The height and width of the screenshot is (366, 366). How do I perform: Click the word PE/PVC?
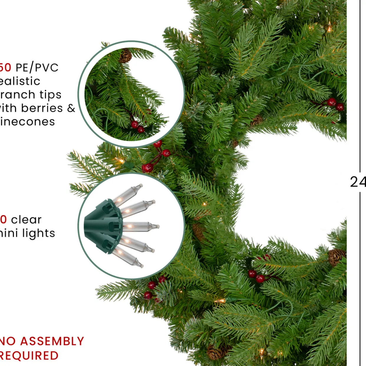[37, 68]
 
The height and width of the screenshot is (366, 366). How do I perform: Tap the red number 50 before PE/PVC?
[5, 68]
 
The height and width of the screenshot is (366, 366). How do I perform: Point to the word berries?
[42, 108]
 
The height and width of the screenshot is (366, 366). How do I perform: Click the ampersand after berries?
[71, 108]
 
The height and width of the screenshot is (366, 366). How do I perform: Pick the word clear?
[26, 220]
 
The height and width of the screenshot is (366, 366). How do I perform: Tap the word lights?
[39, 233]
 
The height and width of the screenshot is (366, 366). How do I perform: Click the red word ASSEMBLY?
[52, 342]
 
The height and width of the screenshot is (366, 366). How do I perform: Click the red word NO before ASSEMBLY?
[8, 342]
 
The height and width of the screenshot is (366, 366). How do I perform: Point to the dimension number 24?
[358, 182]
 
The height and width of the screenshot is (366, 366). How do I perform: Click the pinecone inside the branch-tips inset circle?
[125, 56]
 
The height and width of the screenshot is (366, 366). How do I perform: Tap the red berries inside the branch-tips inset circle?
[138, 127]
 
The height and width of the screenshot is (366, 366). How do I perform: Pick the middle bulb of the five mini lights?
[140, 227]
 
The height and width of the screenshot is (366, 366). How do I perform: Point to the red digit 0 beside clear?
[3, 220]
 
